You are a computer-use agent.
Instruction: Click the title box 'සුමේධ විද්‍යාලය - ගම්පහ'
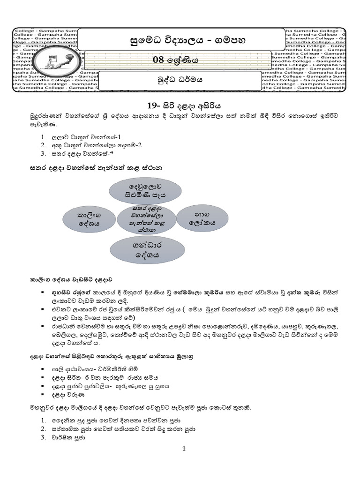180,39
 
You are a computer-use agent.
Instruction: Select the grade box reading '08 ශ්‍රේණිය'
180,60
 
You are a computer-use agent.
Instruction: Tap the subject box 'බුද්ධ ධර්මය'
180,80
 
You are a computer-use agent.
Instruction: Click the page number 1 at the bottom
184,449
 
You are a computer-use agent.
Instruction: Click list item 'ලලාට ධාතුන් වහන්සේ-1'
86,137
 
